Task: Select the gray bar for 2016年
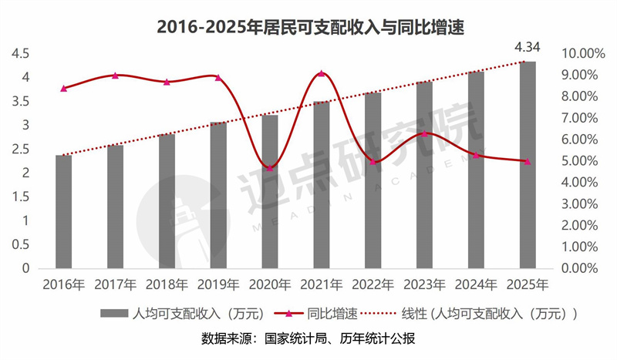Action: [x=63, y=211]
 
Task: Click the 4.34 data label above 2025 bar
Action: [x=528, y=48]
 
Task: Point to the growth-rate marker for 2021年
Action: [x=322, y=74]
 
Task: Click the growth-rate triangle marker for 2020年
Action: [x=269, y=167]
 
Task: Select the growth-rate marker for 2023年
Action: [x=424, y=133]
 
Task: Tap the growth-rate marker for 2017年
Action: [x=115, y=76]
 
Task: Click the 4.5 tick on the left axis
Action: [x=20, y=53]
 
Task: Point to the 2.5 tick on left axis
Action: [x=20, y=149]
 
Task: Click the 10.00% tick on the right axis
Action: [x=583, y=53]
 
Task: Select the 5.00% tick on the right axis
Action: [x=583, y=161]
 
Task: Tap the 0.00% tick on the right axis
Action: [x=583, y=268]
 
